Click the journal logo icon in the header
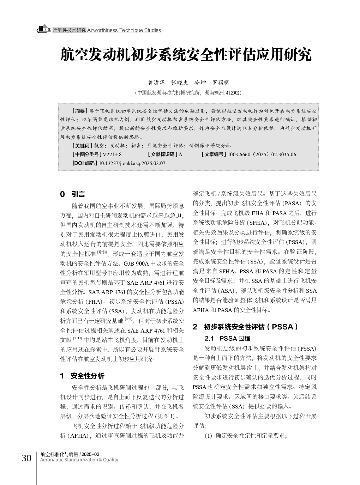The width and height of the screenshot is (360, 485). click(44, 29)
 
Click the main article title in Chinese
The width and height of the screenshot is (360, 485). click(186, 55)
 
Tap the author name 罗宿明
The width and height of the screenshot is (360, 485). click(221, 83)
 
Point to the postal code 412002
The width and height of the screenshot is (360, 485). click(233, 93)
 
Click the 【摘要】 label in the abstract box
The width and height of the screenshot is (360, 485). click(79, 111)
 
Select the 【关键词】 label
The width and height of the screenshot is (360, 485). click(82, 146)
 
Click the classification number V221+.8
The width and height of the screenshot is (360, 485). click(112, 154)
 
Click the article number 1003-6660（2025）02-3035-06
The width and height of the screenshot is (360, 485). click(262, 154)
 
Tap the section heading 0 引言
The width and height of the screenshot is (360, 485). click(73, 194)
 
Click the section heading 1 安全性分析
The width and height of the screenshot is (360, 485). click(82, 376)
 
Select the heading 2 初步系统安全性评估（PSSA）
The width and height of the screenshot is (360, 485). click(246, 327)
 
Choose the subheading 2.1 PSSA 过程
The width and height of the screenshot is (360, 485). click(227, 338)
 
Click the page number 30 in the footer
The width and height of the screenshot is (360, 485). click(26, 458)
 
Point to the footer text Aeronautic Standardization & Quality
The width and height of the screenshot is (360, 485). click(79, 460)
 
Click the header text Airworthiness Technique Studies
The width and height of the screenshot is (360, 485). click(124, 30)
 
